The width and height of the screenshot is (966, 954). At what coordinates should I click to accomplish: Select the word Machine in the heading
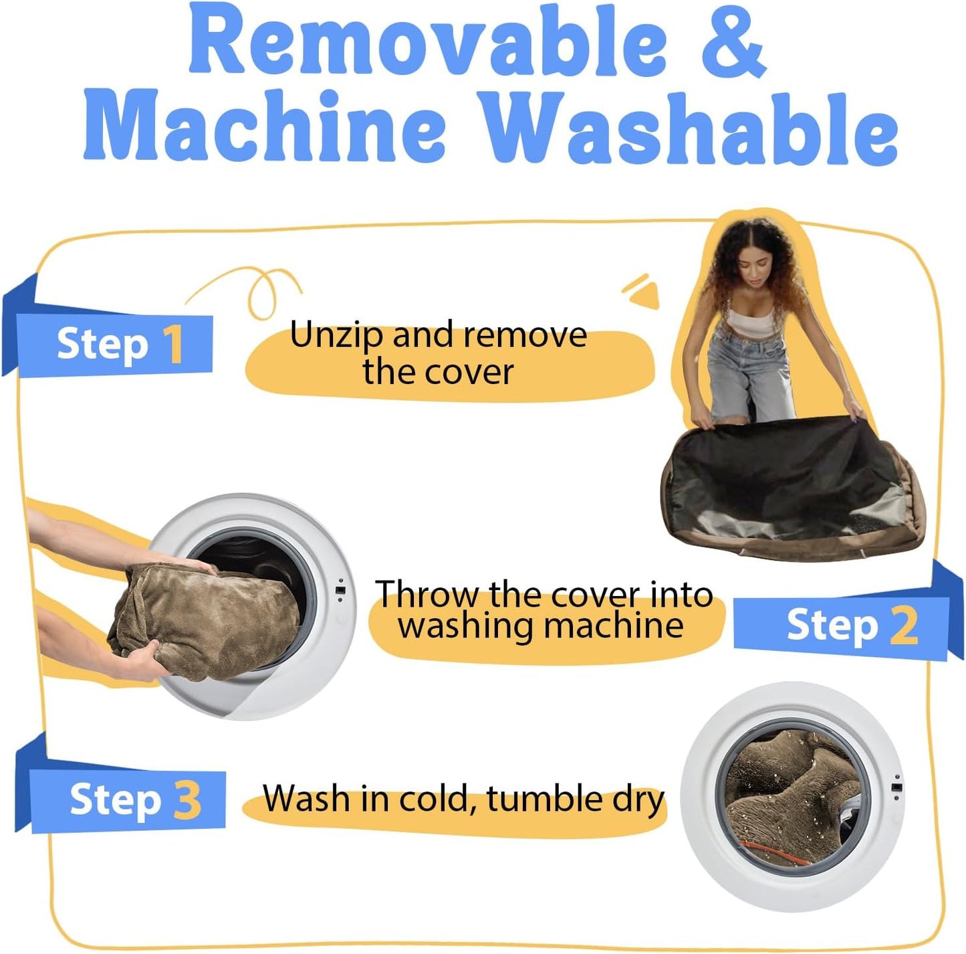coord(264,127)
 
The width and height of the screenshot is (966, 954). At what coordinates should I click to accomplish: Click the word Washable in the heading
coord(689,127)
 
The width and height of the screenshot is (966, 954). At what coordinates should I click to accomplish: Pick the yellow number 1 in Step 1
coord(174,345)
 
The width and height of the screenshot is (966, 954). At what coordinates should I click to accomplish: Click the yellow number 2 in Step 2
coord(904,626)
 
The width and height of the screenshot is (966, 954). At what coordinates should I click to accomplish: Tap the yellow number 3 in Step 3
coord(188,800)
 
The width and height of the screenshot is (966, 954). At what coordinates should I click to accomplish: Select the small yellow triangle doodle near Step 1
coord(644,294)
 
